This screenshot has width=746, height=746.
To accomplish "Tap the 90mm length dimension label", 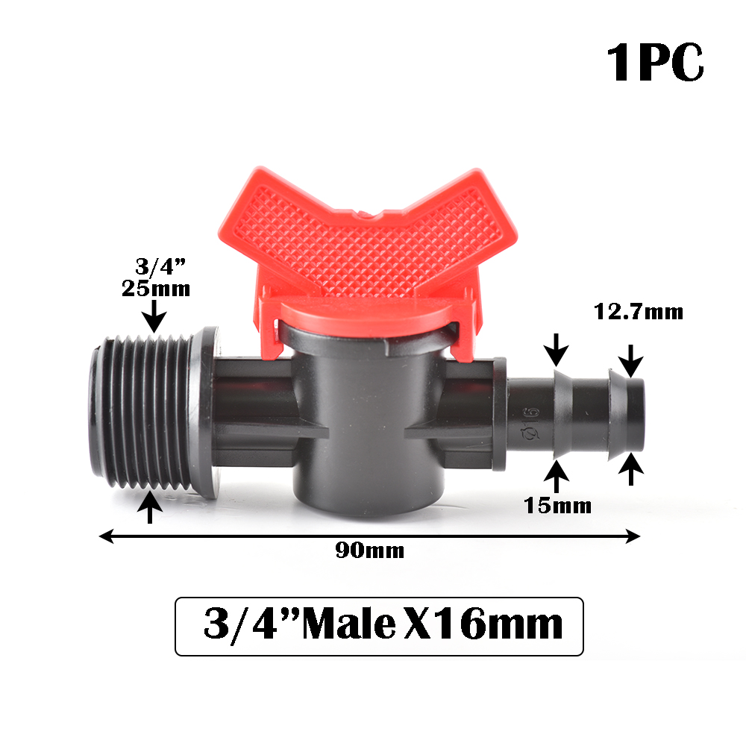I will (x=370, y=551).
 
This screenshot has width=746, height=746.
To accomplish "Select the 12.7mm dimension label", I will (x=638, y=312).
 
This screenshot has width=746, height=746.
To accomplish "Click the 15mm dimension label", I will (x=557, y=506).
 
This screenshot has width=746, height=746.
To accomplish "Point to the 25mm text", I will (x=156, y=288).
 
